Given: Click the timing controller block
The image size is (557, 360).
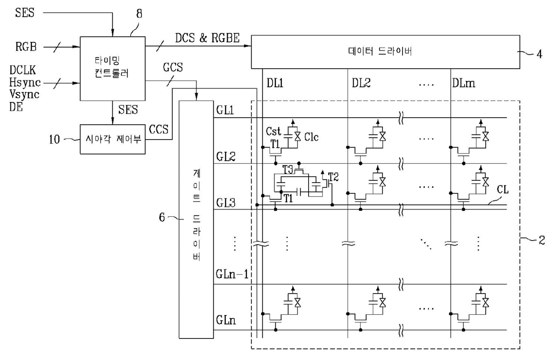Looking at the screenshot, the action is tap(113, 69).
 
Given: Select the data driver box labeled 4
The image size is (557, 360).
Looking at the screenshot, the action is tap(385, 52).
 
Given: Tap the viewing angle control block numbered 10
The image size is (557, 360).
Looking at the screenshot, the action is tap(113, 140).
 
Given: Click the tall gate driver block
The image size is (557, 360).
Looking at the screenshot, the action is tap(196, 220).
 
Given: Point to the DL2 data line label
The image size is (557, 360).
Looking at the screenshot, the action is tap(361, 83).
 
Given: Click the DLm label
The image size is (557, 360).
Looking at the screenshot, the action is tap(464, 83).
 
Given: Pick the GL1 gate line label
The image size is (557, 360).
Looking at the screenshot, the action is tap(225, 110).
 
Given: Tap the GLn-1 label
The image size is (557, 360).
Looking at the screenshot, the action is tap(232, 274).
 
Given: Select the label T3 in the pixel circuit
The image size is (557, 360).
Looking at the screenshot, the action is tap(287, 170).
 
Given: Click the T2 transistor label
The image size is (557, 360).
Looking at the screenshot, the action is tap(333, 177).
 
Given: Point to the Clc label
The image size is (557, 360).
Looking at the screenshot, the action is tap(311, 137).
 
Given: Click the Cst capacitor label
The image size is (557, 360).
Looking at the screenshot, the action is tap(273, 132).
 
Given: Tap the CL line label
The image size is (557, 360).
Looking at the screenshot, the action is tap(503, 190).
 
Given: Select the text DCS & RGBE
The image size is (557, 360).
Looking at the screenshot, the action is tap(208, 38).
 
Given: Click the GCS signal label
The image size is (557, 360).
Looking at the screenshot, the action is tap(173, 67).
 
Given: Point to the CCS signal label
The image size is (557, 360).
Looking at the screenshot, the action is tap(159, 129).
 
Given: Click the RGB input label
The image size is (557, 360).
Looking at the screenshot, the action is tap(26, 47).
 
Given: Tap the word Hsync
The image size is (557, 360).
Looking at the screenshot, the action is tap(25, 83).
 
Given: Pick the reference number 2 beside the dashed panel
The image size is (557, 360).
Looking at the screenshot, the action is tap(542, 240).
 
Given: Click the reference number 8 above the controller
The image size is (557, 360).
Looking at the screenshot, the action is tap(139, 13).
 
